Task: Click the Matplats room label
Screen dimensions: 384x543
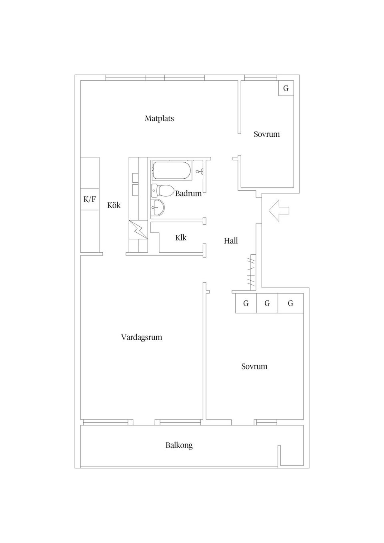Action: pos(159,118)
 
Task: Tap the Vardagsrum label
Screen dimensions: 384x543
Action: pos(142,337)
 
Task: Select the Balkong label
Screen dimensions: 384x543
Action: pos(179,445)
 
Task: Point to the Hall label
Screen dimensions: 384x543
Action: pos(231,241)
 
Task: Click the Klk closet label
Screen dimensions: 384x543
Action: pos(181,238)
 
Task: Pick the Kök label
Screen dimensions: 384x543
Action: pos(114,205)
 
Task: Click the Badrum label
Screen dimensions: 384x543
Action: pos(188,194)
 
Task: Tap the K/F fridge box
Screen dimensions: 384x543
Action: pos(90,199)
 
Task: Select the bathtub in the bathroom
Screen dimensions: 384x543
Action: pos(172,171)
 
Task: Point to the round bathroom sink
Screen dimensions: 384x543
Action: pos(158,208)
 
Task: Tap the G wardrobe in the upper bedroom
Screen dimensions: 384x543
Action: pos(286,88)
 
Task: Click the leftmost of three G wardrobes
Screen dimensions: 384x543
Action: pos(246,303)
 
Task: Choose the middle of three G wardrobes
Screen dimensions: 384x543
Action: pos(267,303)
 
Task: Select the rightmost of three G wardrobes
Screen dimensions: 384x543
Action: pos(291,303)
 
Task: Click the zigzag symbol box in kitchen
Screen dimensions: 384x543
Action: pos(138,230)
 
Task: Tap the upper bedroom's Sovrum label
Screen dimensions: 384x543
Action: pos(267,134)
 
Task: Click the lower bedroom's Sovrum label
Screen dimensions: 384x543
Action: pos(254,366)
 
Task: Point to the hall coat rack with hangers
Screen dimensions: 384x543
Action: pos(252,272)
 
